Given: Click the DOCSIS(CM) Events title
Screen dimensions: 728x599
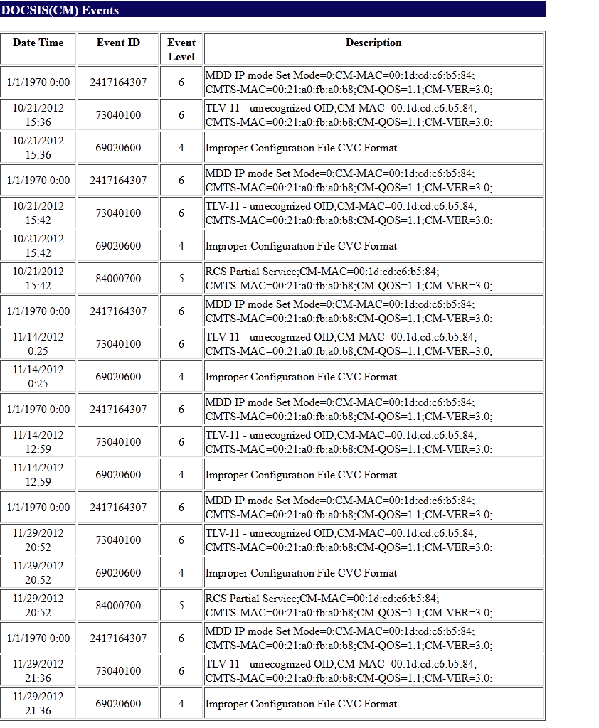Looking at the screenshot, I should (x=60, y=11).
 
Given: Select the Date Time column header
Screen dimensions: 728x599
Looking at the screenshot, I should (x=38, y=43).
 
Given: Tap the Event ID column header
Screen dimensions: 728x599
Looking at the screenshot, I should (x=118, y=43).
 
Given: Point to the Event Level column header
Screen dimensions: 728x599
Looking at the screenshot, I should (x=181, y=49).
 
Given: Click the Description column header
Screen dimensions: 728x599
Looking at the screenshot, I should (x=373, y=43).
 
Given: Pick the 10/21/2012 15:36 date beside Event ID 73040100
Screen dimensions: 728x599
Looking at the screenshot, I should (x=38, y=115).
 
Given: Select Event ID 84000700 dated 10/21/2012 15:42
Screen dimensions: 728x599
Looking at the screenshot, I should (x=118, y=279).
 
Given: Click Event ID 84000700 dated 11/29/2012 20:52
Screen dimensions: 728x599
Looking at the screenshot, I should (x=118, y=606).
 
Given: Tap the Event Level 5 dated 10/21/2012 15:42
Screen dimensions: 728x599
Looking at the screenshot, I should (x=181, y=279).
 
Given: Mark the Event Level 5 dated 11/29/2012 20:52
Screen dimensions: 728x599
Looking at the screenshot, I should (x=181, y=606).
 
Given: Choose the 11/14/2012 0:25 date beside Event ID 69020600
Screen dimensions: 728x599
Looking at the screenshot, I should (x=38, y=377).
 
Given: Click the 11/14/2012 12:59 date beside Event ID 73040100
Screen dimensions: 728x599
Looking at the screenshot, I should (x=38, y=442).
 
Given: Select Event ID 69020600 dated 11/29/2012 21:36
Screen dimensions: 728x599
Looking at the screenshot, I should (x=118, y=704).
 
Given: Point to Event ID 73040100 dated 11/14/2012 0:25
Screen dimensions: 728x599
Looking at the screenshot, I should (x=118, y=344).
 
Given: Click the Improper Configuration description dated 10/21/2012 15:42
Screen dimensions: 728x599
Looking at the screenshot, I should (x=301, y=246).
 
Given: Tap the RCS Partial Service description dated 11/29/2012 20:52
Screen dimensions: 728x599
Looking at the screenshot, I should (x=349, y=606).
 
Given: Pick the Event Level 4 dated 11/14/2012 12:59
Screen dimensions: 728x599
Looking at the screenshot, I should (x=181, y=475).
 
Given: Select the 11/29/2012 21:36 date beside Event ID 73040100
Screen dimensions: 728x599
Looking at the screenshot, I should (x=38, y=671).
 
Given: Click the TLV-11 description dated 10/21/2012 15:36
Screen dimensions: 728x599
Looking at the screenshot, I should (x=349, y=115).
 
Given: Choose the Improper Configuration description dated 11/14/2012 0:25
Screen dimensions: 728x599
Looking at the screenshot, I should (x=301, y=377).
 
